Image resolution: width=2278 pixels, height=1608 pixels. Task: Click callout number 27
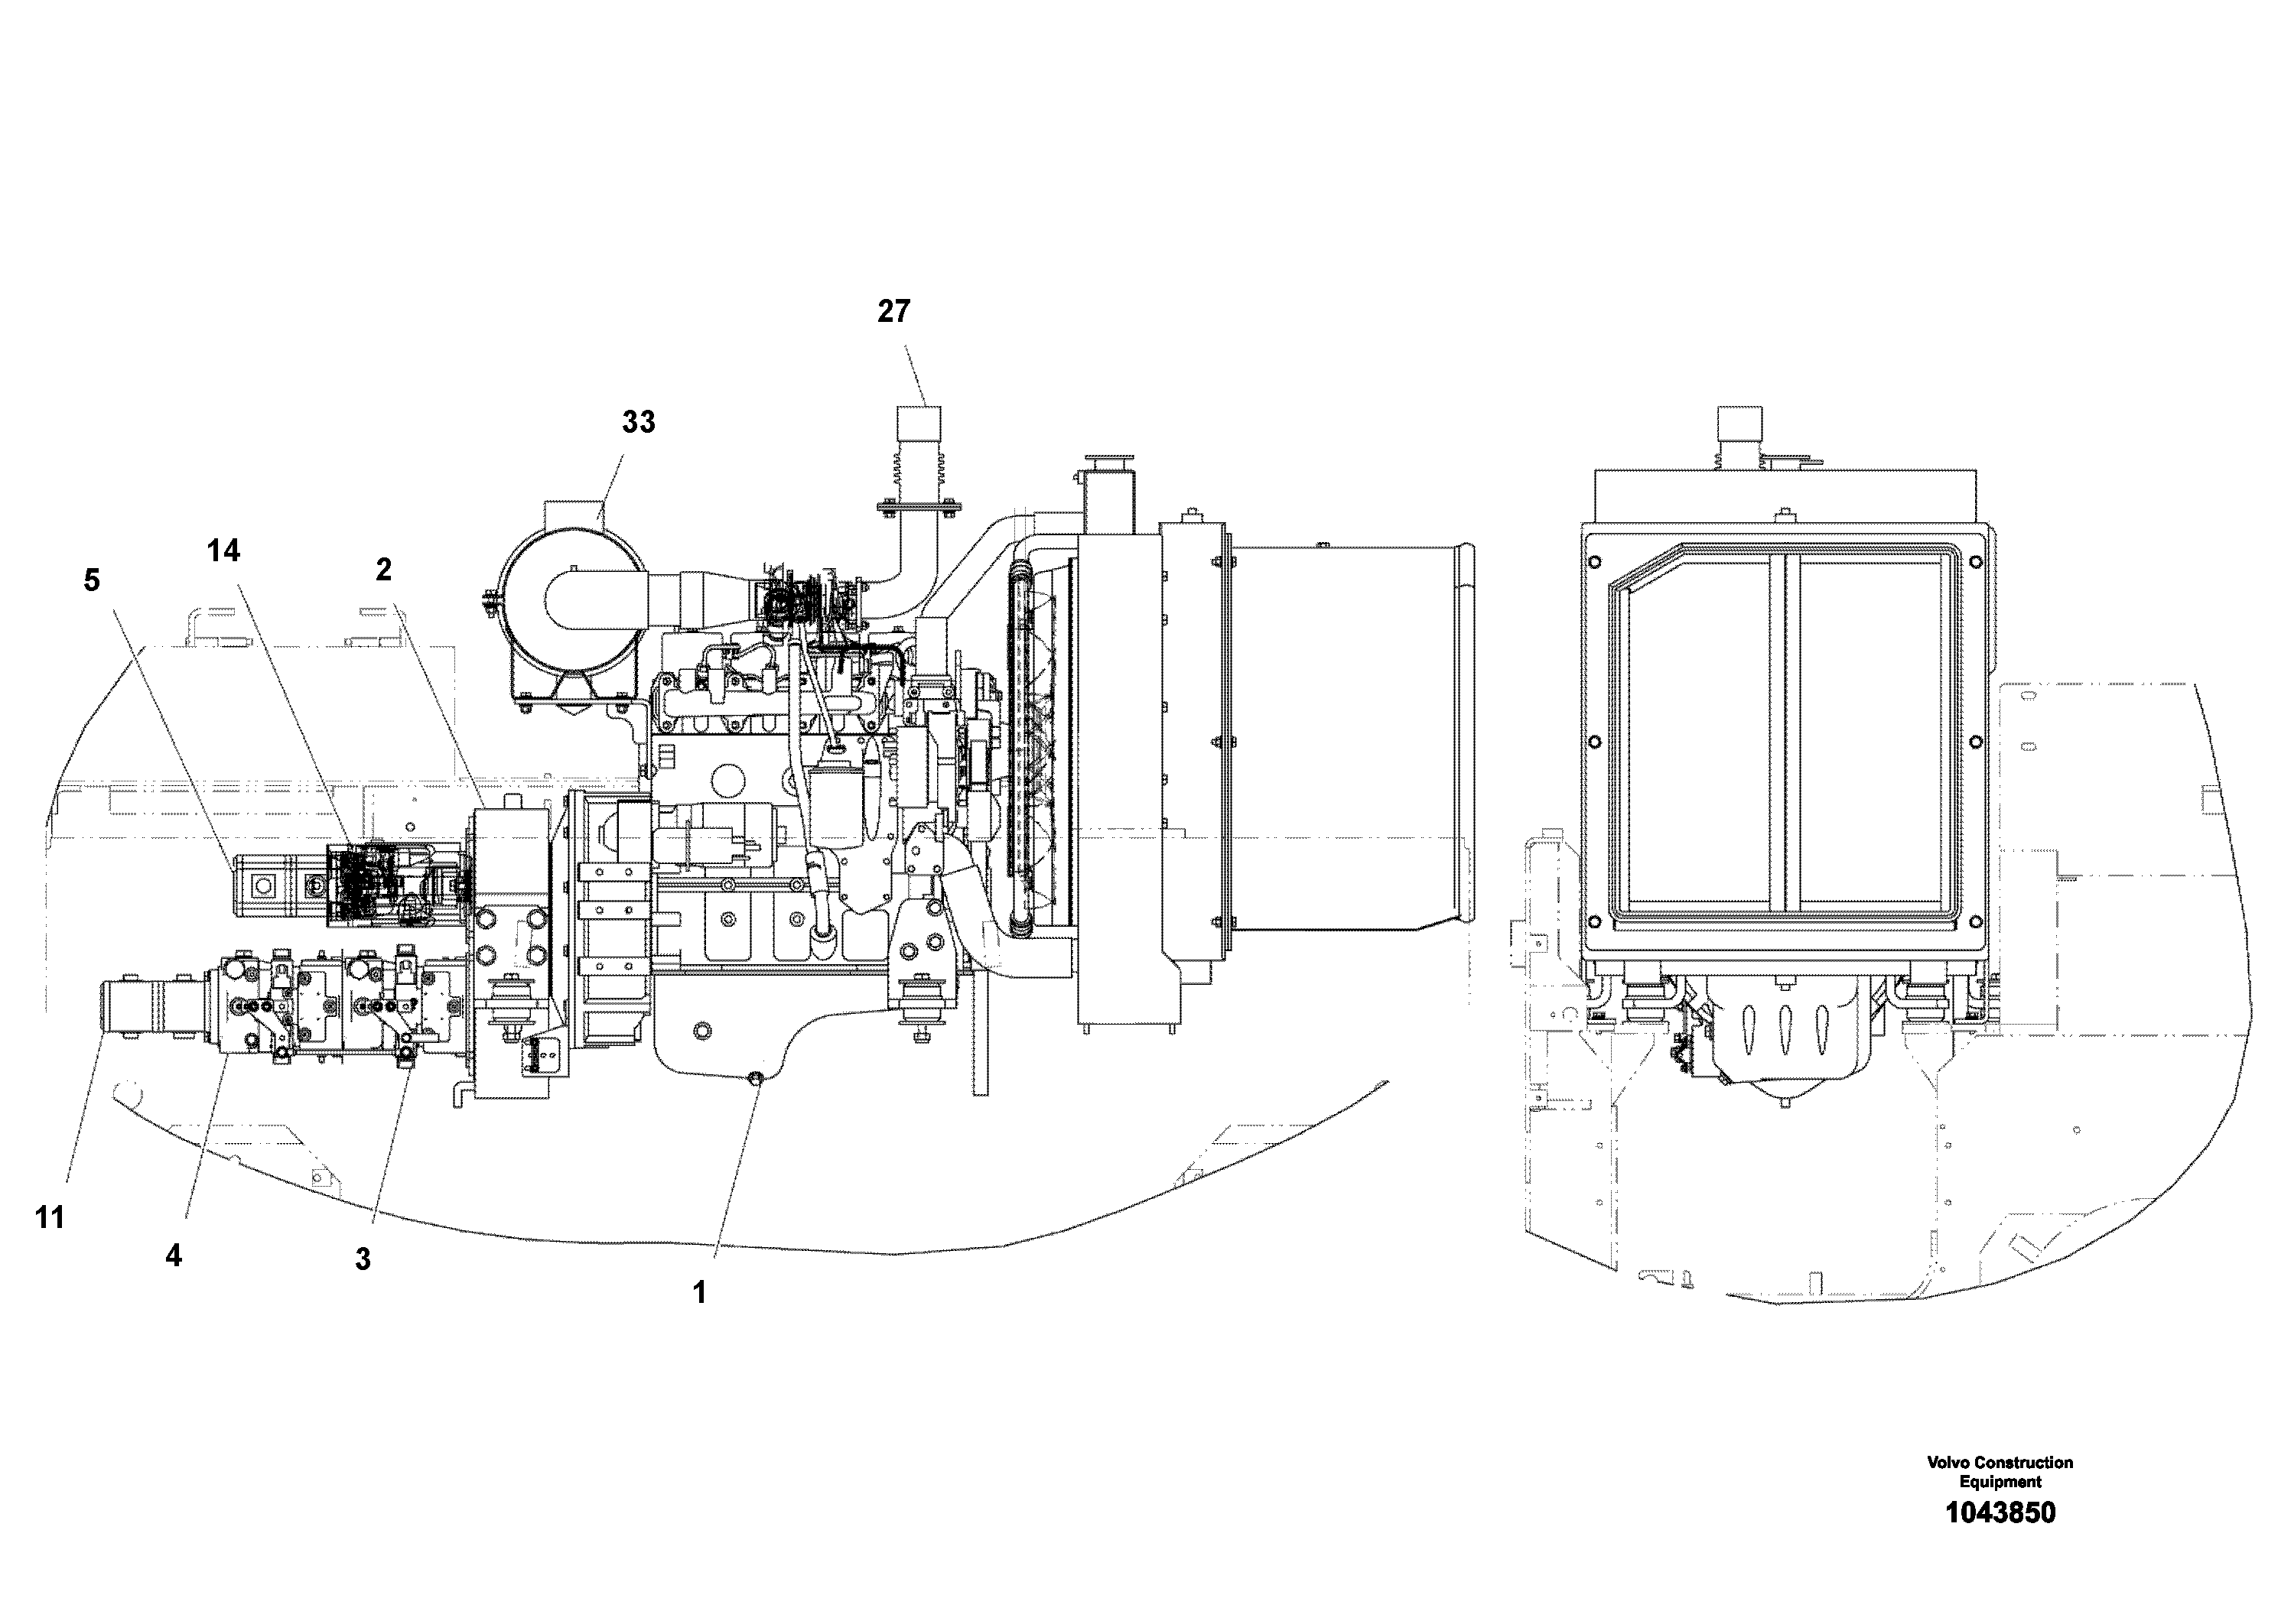coord(893,311)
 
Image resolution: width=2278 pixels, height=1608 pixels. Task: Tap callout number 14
coord(223,551)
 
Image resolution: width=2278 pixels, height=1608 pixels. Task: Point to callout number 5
coord(91,580)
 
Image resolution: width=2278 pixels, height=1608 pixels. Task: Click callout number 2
coord(383,570)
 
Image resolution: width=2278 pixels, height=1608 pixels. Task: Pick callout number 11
coord(50,1217)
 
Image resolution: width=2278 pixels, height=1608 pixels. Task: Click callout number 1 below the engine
coord(698,1291)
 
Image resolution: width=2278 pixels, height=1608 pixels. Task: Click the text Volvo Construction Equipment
coord(2000,1472)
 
